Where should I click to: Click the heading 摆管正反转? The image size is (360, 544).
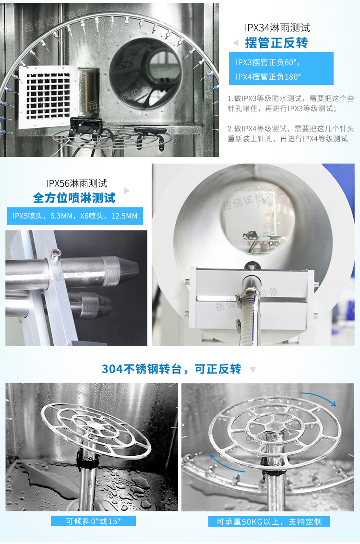click(276, 43)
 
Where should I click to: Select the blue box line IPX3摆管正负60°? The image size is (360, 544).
click(267, 62)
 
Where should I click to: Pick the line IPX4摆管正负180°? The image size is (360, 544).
click(268, 76)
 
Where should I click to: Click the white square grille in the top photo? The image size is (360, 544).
click(47, 96)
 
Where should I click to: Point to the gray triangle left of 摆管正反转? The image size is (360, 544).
click(235, 43)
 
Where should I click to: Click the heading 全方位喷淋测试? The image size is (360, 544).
click(74, 198)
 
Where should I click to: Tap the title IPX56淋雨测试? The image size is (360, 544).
click(76, 183)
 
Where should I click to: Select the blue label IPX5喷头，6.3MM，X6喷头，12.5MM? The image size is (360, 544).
click(75, 216)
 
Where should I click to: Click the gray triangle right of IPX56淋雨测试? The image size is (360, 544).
click(127, 191)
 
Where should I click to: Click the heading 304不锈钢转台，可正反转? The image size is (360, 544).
click(171, 369)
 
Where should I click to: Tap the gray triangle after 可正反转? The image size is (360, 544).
click(253, 370)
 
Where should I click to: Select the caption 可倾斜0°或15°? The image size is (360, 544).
click(94, 521)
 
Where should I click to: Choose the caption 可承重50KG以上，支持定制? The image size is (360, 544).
click(269, 522)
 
